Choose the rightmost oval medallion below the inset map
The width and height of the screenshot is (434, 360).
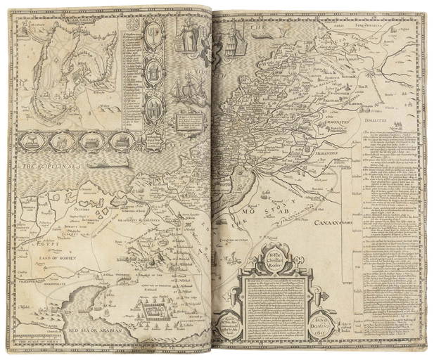120,141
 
